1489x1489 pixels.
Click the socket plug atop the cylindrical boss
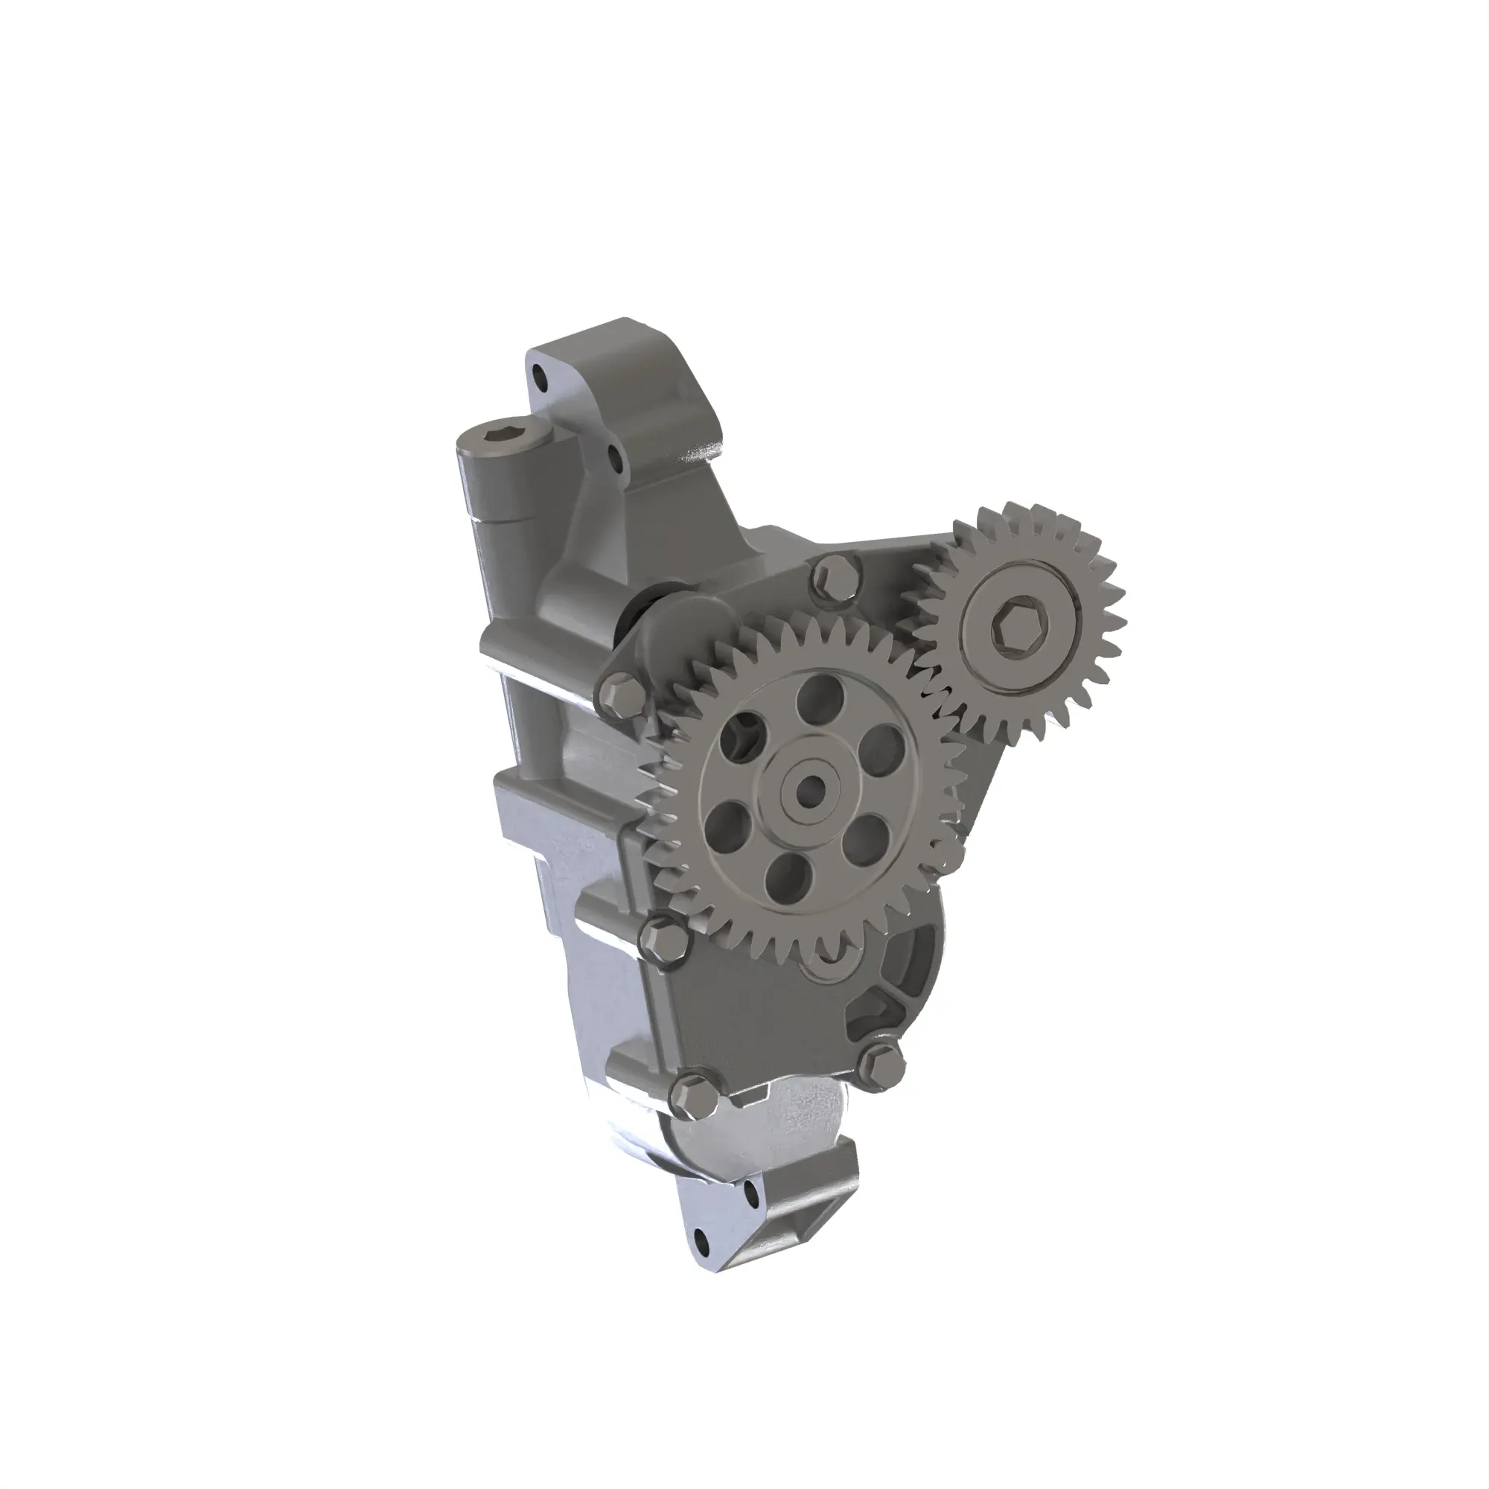pyautogui.click(x=503, y=439)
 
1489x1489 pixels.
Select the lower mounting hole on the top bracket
pyautogui.click(x=616, y=460)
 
